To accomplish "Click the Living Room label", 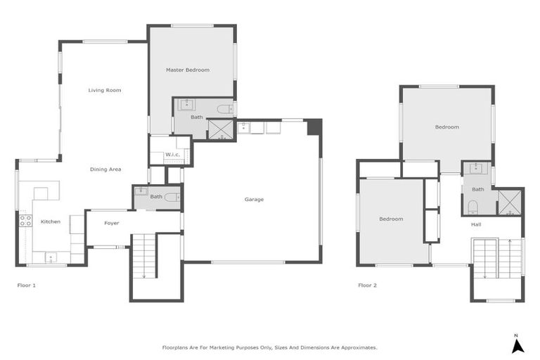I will click(105, 90).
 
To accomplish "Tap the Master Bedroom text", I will click(188, 70).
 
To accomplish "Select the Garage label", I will click(254, 200).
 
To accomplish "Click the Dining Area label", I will click(105, 169).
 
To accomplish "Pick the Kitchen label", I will click(51, 221).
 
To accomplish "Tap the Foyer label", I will click(112, 223).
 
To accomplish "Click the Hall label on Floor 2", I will click(476, 224).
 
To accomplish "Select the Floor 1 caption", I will click(26, 285).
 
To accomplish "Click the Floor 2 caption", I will click(368, 285).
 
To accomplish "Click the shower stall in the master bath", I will click(221, 129).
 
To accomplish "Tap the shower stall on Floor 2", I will click(509, 202).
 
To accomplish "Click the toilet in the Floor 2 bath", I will click(473, 206).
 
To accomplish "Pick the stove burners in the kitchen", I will click(25, 221).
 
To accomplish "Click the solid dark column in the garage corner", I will click(314, 127).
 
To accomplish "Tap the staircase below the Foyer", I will click(143, 257).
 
